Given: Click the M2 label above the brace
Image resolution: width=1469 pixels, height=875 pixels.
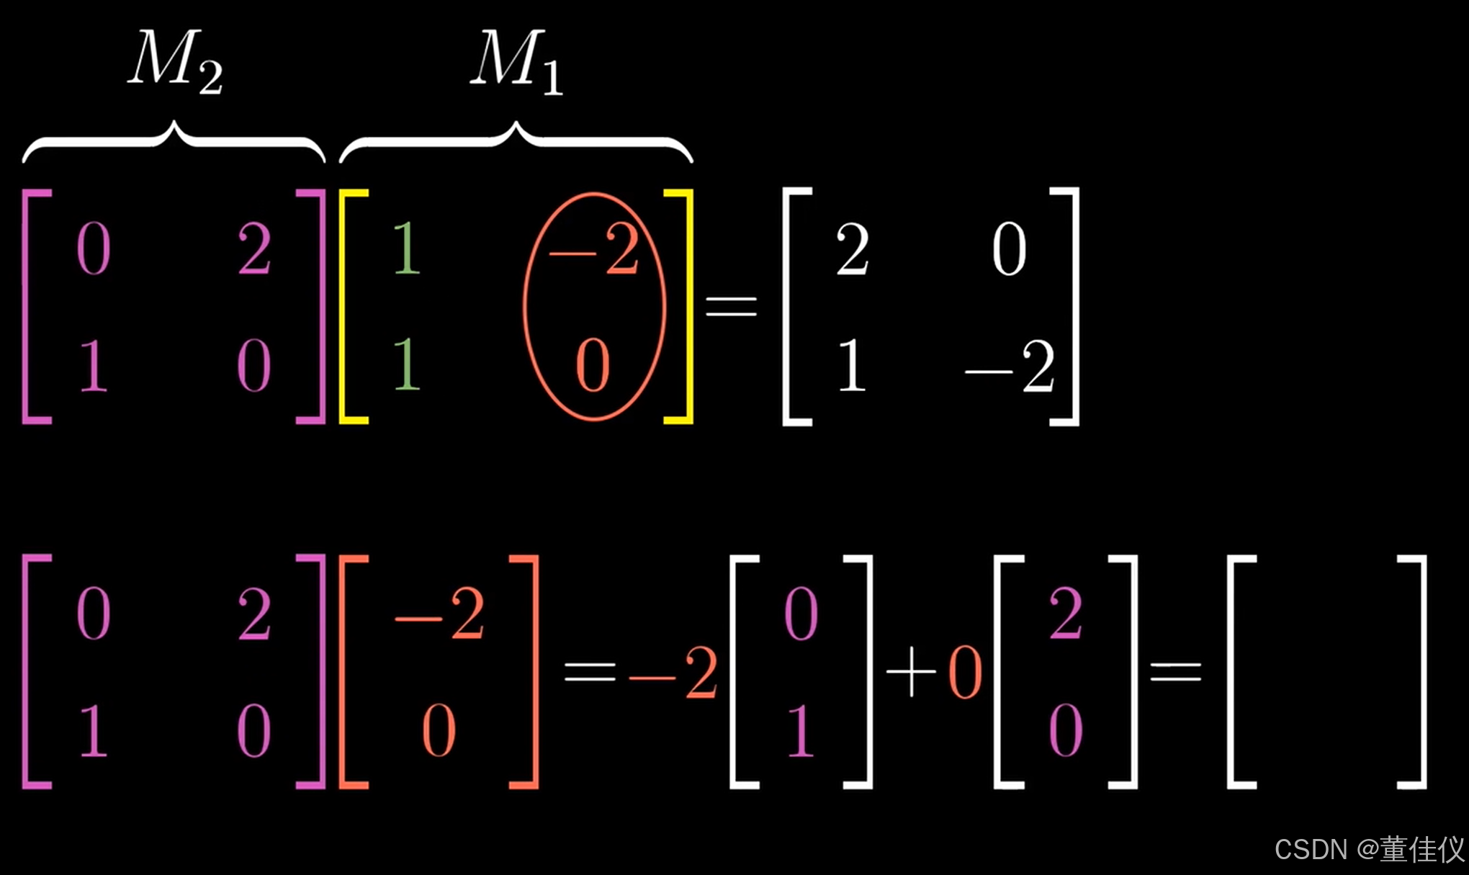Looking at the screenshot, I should coord(175,60).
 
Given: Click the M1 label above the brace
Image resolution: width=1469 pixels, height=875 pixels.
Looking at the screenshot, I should coord(516,60).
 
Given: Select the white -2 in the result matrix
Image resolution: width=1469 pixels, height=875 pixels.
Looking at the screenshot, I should coord(1010,367).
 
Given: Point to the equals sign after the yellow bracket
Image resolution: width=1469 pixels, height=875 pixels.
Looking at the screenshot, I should coord(731,306).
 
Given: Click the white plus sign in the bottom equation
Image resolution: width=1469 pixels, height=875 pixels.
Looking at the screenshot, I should coord(911,671).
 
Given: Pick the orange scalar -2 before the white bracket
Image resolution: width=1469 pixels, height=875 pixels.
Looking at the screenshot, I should coord(673,673).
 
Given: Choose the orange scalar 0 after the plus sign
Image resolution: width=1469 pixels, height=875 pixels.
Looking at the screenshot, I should coord(966,673).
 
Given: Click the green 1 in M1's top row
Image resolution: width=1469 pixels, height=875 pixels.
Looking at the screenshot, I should coord(407,248).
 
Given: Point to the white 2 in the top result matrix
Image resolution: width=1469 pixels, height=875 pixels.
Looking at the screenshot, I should coord(853,249).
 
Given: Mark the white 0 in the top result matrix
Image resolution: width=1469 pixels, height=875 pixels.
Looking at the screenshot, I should coord(1010,249).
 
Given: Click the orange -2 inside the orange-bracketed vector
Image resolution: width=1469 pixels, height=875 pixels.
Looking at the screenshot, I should coord(440,614).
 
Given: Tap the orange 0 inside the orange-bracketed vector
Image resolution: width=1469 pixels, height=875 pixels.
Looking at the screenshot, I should coord(439,730).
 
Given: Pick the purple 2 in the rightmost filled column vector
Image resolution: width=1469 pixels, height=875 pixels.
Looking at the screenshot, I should coord(1066,614).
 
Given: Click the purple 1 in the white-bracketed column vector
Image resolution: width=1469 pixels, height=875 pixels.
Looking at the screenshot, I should coord(801,730).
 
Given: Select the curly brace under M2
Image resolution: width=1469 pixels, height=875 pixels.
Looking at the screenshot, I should coord(174,140).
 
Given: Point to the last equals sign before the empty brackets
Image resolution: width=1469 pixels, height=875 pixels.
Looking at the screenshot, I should coord(1176,673).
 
